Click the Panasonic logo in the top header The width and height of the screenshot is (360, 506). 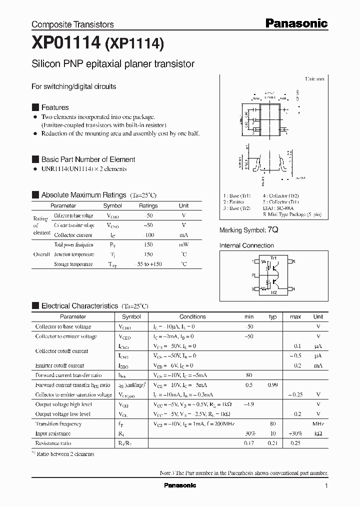(x=296, y=23)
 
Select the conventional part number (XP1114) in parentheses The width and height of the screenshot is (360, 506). (x=134, y=45)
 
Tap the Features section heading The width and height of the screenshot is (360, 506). (x=54, y=107)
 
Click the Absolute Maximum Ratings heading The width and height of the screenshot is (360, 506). (x=83, y=195)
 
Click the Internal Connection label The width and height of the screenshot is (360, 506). (x=246, y=245)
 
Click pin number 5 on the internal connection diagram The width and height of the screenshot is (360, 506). (x=294, y=261)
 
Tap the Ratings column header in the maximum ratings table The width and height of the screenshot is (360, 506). (x=148, y=205)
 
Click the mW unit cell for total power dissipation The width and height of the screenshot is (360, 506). (x=183, y=244)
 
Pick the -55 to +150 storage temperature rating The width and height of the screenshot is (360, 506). (x=148, y=264)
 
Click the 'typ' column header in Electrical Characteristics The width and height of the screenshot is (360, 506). (x=272, y=316)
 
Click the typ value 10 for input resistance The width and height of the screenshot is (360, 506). (x=272, y=433)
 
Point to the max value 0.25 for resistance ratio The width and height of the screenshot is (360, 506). (x=295, y=443)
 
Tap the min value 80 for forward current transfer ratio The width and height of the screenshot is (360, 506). (x=249, y=375)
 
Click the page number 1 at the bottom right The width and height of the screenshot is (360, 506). (x=326, y=486)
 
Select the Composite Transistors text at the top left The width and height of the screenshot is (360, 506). (x=72, y=24)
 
